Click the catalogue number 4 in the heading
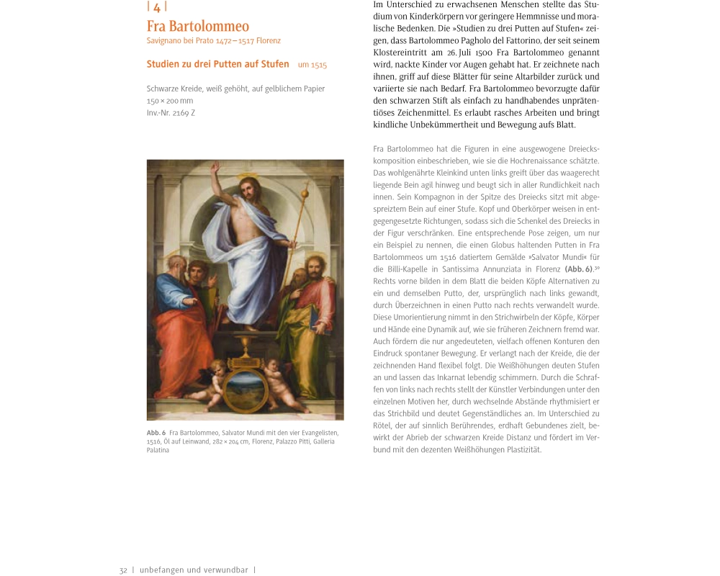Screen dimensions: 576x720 point(156,7)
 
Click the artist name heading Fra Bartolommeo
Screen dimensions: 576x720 point(198,27)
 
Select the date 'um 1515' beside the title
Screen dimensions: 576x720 point(312,65)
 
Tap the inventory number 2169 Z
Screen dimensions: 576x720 point(171,113)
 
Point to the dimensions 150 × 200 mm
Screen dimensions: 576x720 point(170,101)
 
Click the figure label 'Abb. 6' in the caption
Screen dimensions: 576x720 point(156,432)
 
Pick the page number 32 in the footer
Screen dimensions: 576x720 point(123,570)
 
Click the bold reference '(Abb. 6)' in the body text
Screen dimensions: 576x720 point(578,269)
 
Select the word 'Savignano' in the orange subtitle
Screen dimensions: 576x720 point(165,40)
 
